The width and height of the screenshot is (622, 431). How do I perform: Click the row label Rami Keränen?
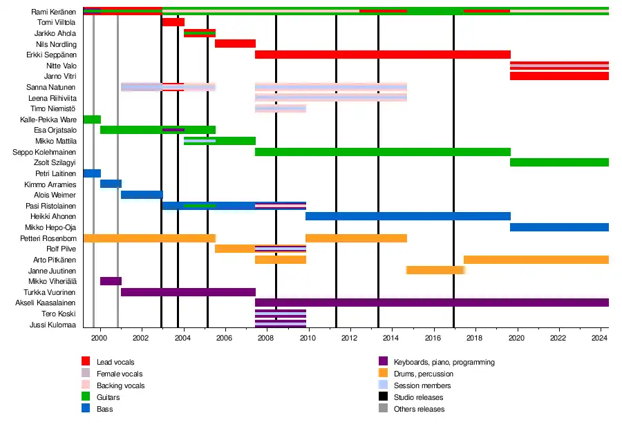[x=54, y=12]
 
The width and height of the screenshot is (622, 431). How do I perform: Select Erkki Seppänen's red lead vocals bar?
[x=382, y=55]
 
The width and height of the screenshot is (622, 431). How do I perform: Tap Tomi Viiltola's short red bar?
[x=173, y=22]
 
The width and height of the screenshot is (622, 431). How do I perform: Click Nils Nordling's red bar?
[x=235, y=44]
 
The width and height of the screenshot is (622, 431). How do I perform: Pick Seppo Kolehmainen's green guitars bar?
[x=382, y=151]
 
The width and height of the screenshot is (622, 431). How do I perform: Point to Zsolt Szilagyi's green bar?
[x=559, y=162]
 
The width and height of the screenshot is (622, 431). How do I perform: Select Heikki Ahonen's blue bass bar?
[x=408, y=216]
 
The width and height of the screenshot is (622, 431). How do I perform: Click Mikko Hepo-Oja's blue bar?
[x=559, y=227]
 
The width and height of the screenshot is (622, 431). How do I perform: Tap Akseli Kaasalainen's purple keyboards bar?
[x=432, y=303]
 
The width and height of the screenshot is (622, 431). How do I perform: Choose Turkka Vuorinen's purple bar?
[x=188, y=292]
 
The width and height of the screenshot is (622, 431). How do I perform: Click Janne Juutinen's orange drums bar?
[x=435, y=270]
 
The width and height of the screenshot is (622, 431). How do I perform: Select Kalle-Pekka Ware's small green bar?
[x=92, y=119]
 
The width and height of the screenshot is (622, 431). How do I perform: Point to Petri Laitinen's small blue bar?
[x=92, y=173]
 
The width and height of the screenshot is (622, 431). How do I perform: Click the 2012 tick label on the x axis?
[x=350, y=338]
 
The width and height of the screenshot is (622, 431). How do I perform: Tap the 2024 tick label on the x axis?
[x=600, y=338]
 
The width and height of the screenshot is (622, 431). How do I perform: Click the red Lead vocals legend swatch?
[x=86, y=362]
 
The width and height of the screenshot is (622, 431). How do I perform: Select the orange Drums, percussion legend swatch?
[x=383, y=374]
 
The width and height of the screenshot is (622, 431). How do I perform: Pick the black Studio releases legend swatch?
[x=383, y=397]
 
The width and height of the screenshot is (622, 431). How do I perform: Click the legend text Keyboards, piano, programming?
[x=444, y=362]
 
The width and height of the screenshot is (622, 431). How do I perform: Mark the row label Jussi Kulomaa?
[x=53, y=325]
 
